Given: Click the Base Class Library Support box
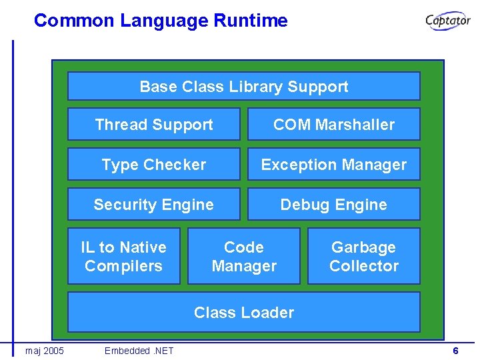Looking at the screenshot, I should click(x=244, y=86).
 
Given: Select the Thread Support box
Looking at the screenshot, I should click(x=154, y=124).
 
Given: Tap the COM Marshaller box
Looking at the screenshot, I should click(x=334, y=124).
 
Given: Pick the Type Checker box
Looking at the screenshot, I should click(x=154, y=164).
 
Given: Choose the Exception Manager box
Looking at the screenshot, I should click(x=334, y=164).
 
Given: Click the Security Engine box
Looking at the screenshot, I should click(x=154, y=204).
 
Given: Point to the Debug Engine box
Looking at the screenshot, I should click(x=334, y=204).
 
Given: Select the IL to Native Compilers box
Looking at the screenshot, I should click(x=124, y=256).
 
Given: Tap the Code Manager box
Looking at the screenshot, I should click(x=244, y=256).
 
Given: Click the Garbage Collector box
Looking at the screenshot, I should click(x=364, y=256).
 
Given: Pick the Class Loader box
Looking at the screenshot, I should click(x=244, y=312).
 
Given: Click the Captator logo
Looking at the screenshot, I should click(x=448, y=21).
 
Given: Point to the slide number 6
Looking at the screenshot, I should click(x=455, y=351).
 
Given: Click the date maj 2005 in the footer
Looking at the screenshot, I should click(x=45, y=351).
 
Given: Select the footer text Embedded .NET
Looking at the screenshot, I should click(x=139, y=351).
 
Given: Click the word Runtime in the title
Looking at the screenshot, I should click(x=251, y=21).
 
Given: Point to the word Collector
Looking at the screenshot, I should click(x=364, y=265).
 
